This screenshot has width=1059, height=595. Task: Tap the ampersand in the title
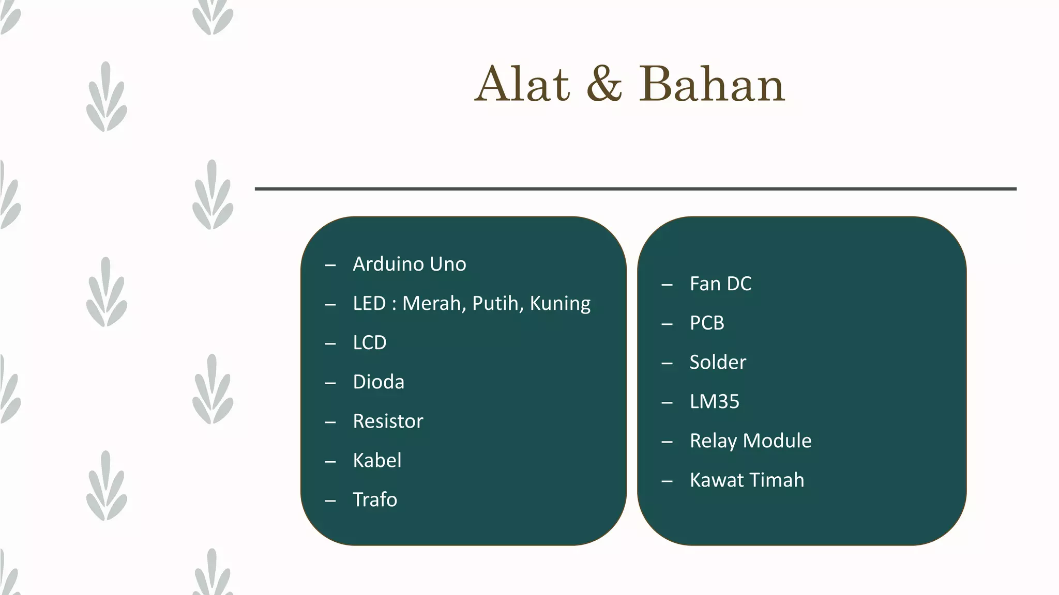click(604, 84)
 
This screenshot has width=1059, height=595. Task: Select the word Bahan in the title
click(712, 84)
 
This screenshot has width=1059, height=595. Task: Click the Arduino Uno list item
click(409, 264)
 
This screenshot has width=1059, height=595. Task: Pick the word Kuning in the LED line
click(560, 304)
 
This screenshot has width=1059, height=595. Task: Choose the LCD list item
click(369, 342)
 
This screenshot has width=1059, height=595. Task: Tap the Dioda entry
click(379, 382)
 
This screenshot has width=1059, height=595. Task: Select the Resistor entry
click(388, 421)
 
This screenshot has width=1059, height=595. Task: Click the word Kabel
click(377, 460)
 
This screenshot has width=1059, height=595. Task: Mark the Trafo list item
click(375, 499)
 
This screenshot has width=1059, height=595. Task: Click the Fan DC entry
click(720, 284)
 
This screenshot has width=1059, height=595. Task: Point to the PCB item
click(707, 323)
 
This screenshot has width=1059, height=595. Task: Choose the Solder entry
click(718, 362)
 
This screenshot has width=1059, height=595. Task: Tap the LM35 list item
click(715, 401)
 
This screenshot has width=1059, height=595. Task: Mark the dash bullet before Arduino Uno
click(330, 265)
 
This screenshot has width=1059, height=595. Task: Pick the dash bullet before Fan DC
click(667, 285)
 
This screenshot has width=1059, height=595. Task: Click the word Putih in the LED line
click(497, 303)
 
